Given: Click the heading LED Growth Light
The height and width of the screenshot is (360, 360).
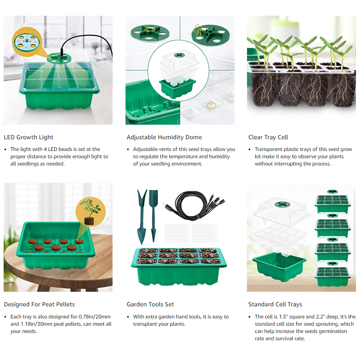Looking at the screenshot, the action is point(29,137).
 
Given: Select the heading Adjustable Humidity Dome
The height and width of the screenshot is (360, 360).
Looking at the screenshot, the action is point(164,137).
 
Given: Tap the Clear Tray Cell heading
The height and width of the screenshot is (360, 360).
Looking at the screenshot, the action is point(268,137).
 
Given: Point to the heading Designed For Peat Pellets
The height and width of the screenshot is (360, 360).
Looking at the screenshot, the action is point(39,304).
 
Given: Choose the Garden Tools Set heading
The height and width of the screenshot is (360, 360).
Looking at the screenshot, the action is point(150,304).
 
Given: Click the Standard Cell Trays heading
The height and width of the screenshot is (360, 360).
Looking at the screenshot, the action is point(275,304).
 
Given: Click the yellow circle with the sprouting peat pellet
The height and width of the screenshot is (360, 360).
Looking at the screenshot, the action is point(90,212).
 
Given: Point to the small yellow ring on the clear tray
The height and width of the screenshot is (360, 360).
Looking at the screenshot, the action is point(211,106).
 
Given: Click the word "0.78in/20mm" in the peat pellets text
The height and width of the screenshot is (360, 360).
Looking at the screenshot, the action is point(94,316).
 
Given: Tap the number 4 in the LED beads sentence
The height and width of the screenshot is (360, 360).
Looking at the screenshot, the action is point(45,149).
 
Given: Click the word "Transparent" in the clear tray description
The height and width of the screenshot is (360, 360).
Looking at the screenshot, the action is point(268,149).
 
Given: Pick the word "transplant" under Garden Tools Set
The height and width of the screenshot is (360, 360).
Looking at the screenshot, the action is point(146,324).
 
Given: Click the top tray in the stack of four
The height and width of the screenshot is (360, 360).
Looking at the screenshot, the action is point(333,201).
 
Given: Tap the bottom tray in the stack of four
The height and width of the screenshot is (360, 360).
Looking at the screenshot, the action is point(333,274).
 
